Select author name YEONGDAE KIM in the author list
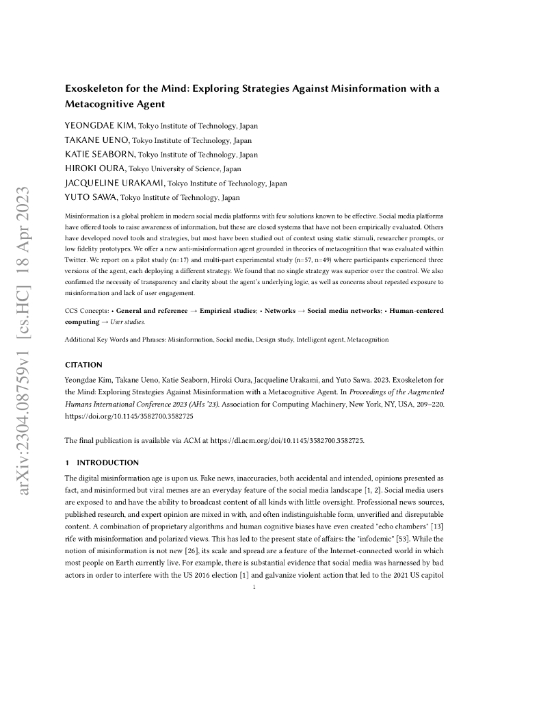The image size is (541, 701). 100,126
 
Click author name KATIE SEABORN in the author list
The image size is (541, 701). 100,155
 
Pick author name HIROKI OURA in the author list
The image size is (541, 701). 95,168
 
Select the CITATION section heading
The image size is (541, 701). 83,365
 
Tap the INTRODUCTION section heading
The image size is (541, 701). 107,462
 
